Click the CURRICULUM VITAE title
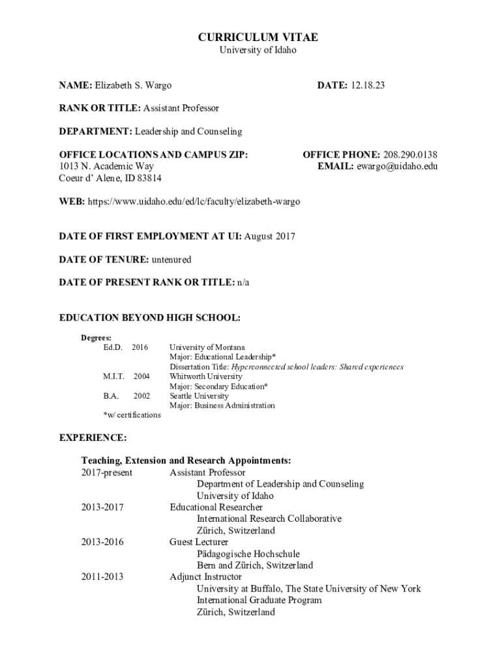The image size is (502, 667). pyautogui.click(x=258, y=38)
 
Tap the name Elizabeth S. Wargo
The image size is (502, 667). pyautogui.click(x=134, y=85)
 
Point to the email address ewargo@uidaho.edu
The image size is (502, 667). pyautogui.click(x=396, y=167)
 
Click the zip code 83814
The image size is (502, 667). pyautogui.click(x=149, y=178)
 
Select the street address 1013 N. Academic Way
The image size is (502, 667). pyautogui.click(x=106, y=167)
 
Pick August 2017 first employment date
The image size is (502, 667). pyautogui.click(x=269, y=236)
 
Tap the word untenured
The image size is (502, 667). pyautogui.click(x=171, y=260)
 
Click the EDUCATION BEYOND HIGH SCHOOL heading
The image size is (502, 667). pyautogui.click(x=150, y=318)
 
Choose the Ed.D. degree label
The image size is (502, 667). pyautogui.click(x=113, y=348)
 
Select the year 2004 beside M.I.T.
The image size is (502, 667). pyautogui.click(x=141, y=376)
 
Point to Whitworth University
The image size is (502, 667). pyautogui.click(x=205, y=376)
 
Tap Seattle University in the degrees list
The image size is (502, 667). pyautogui.click(x=199, y=395)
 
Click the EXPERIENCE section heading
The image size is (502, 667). pyautogui.click(x=93, y=437)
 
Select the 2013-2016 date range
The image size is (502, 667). pyautogui.click(x=102, y=542)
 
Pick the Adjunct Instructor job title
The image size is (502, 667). pyautogui.click(x=205, y=577)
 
